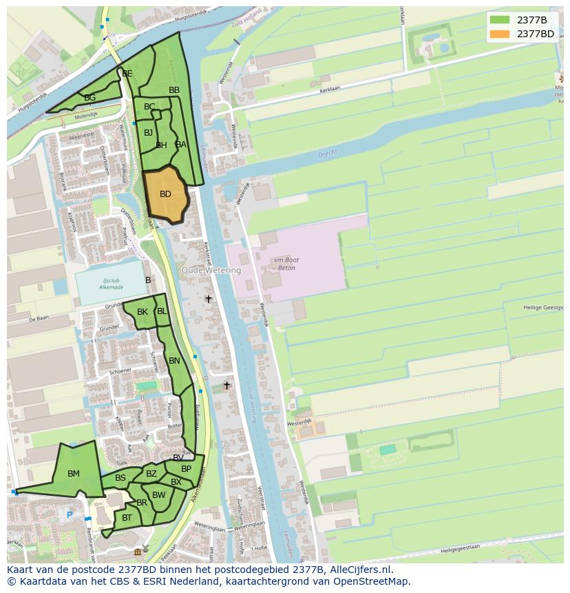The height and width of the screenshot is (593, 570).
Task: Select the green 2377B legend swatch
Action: pos(500,20)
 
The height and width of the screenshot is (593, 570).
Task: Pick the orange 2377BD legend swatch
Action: pos(500,34)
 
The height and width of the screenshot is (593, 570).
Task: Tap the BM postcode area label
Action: pos(74,474)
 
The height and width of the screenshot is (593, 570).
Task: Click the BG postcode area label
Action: pos(89,98)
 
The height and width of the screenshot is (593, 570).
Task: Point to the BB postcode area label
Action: pos(174,90)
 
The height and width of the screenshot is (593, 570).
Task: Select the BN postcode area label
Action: pos(174,361)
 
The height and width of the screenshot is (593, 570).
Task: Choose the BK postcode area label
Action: pos(142,312)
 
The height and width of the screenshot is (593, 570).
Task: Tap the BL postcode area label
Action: pos(162,311)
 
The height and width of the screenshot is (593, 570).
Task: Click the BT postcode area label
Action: pos(127,518)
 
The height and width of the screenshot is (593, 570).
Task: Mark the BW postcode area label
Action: pos(159,495)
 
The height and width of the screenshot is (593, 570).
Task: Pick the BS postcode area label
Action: pos(120,478)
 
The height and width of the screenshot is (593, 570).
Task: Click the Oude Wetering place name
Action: pos(211,271)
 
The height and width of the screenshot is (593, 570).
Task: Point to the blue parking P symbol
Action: pos(69,514)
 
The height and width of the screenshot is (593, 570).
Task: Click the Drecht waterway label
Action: pos(328,155)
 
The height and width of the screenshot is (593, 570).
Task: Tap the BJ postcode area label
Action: pos(148,133)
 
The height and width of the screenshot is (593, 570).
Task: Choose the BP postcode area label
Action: pos(186,469)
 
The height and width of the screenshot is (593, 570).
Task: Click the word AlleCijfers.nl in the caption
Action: pos(359,570)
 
